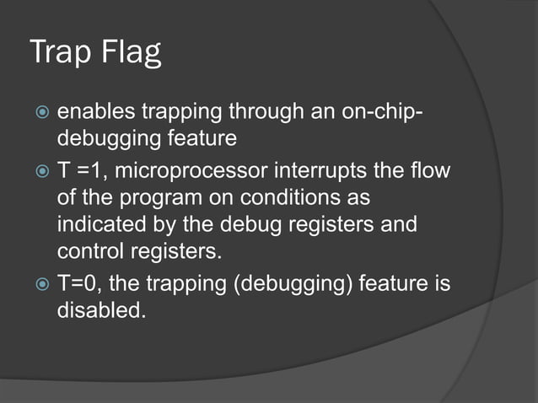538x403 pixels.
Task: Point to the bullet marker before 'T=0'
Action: pyautogui.click(x=40, y=285)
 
